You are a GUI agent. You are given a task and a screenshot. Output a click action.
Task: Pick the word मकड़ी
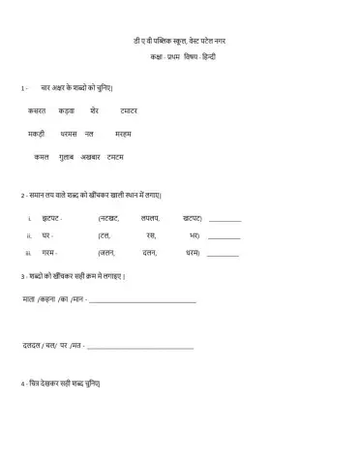[42, 133]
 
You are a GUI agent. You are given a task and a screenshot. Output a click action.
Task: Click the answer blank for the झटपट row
[225, 222]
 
